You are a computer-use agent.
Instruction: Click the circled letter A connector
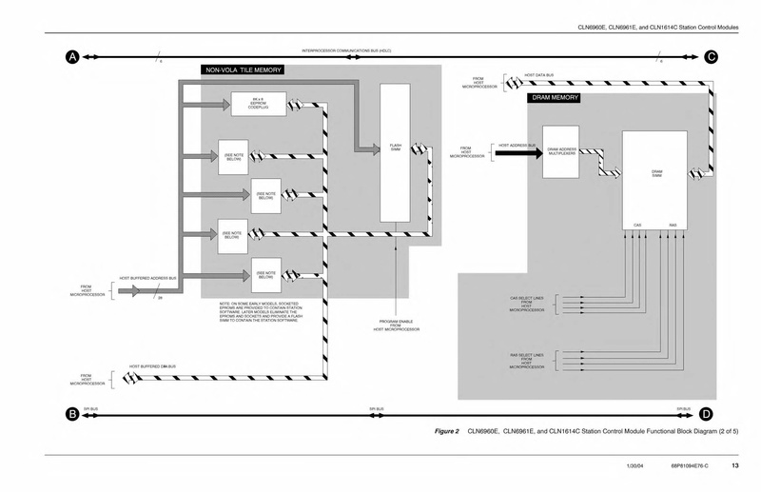[71, 57]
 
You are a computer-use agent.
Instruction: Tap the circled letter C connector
[711, 57]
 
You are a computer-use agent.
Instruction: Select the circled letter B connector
[71, 413]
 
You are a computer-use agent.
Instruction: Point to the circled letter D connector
[706, 413]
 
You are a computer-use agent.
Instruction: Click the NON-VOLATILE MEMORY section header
[243, 69]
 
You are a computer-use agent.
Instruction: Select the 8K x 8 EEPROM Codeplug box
[259, 104]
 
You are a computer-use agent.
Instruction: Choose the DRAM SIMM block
[656, 176]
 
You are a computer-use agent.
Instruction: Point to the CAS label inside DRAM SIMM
[639, 226]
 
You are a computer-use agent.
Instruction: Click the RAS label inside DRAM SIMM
[673, 226]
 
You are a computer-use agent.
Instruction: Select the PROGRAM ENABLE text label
[395, 324]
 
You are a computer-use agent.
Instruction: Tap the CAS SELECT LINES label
[526, 304]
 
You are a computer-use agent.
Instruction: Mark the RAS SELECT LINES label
[526, 361]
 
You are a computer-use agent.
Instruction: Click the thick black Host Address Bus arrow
[514, 151]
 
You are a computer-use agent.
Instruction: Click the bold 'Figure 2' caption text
[447, 431]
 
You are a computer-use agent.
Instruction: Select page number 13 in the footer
[735, 465]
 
